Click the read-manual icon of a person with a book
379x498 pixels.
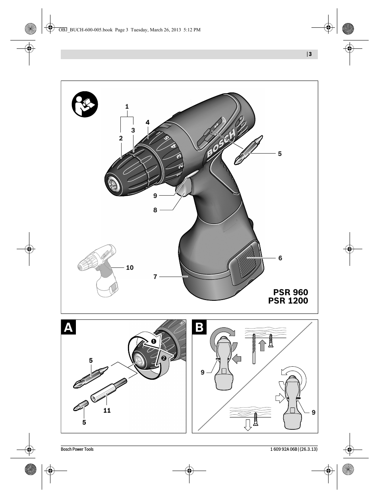click(x=85, y=104)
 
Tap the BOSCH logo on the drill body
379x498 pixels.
click(x=221, y=144)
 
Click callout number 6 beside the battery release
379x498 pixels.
click(x=280, y=258)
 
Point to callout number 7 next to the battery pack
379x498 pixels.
click(x=155, y=277)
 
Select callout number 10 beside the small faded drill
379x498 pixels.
click(x=130, y=268)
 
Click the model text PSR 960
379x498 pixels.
click(x=290, y=292)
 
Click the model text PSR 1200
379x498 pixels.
click(x=288, y=301)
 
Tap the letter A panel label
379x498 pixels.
click(x=68, y=327)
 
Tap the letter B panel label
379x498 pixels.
click(x=199, y=327)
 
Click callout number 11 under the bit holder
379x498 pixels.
click(x=107, y=410)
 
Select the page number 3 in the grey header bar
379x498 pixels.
click(x=310, y=54)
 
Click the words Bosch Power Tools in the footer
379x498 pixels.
click(x=77, y=449)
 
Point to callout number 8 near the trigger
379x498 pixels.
click(x=155, y=210)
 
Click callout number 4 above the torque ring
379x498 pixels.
click(x=148, y=123)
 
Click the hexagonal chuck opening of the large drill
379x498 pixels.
click(x=113, y=183)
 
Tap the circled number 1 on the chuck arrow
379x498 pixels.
click(x=154, y=341)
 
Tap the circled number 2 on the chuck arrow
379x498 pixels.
click(x=164, y=358)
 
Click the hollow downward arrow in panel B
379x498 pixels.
click(x=248, y=425)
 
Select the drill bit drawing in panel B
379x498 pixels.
click(x=254, y=349)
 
